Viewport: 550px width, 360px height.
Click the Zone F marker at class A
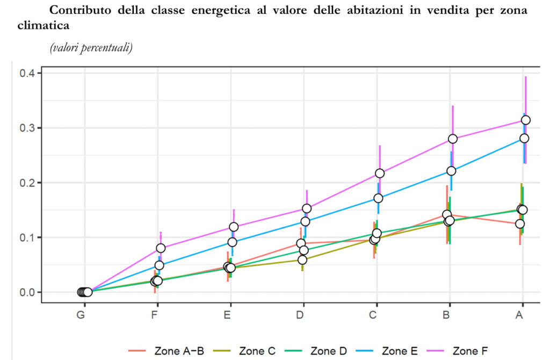(526, 120)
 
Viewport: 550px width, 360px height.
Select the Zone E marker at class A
(524, 138)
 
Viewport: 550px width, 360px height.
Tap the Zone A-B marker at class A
(519, 224)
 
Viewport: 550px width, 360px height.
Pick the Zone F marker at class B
(453, 139)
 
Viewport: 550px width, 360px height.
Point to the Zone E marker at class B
(451, 171)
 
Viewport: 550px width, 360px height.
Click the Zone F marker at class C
(380, 173)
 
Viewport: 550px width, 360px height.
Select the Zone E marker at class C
(378, 198)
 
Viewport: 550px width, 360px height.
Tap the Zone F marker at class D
(307, 208)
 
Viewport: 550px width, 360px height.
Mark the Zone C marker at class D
(302, 260)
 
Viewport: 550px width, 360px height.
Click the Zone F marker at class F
(161, 248)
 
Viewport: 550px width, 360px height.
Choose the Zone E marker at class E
(232, 242)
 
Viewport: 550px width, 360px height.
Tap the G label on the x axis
(81, 315)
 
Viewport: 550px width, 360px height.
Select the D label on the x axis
(300, 315)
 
